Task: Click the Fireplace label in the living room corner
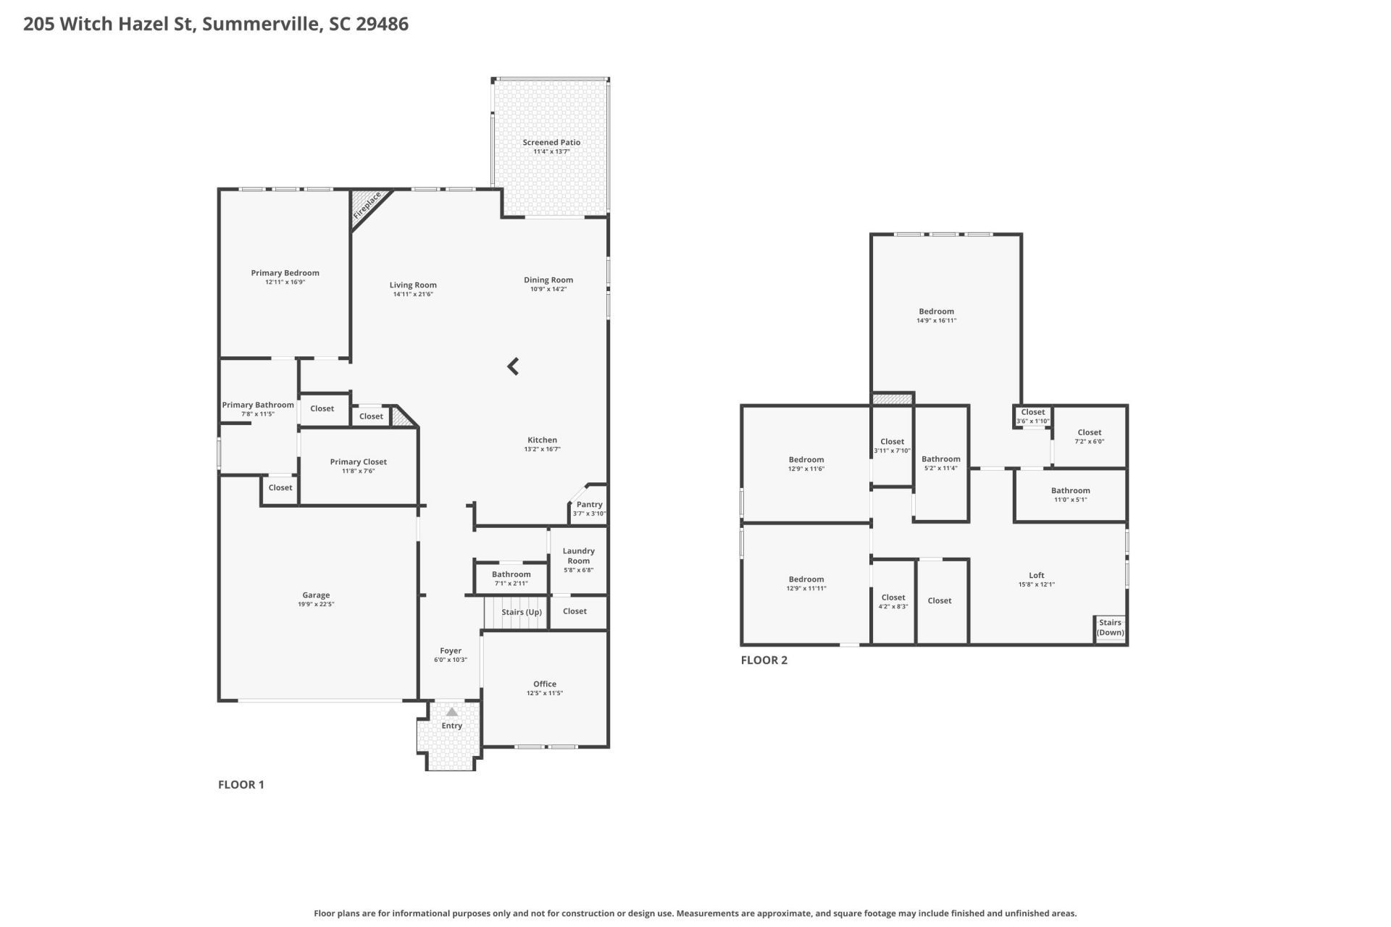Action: (x=367, y=206)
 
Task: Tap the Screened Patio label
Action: (x=551, y=143)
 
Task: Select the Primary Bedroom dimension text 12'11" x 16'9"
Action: (x=285, y=282)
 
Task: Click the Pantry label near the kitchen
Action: (x=589, y=505)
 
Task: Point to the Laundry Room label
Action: (x=578, y=555)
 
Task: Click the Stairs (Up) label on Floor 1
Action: (x=522, y=612)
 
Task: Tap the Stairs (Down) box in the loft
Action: (x=1110, y=627)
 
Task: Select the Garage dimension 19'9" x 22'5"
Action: (x=316, y=604)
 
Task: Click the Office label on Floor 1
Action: (x=545, y=684)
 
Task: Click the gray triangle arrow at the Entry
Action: (x=452, y=712)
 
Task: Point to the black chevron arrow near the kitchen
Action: (x=514, y=366)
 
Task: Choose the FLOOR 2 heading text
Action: (x=764, y=660)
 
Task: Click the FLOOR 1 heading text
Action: (x=241, y=784)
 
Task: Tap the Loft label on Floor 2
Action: (x=1036, y=576)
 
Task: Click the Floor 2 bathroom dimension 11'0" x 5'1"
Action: (x=1070, y=500)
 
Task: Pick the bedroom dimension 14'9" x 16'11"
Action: (x=936, y=320)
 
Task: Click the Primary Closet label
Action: (x=358, y=462)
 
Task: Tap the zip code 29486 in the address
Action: (x=383, y=24)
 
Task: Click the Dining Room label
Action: (x=548, y=280)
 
